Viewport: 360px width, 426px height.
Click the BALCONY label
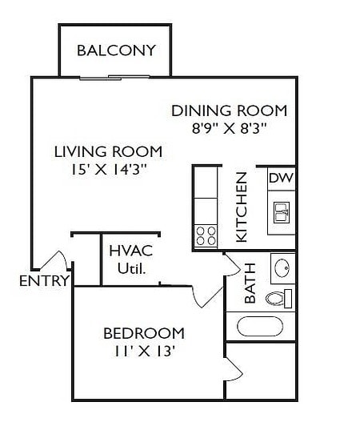116,50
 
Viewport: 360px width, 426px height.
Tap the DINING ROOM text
229,111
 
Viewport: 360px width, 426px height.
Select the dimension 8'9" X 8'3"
229,128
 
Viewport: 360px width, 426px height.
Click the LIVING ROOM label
108,151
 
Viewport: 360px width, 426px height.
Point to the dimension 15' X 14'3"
108,169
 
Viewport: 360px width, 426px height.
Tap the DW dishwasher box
279,178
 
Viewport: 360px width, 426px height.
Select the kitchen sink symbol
281,212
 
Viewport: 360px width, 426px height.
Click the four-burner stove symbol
206,235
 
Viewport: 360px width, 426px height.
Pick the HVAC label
130,251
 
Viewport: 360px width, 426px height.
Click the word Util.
130,268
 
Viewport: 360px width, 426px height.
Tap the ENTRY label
43,281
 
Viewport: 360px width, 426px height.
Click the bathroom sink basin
282,267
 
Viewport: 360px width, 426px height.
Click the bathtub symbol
259,327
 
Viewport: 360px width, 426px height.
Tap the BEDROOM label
144,333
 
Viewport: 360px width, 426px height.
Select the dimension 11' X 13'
144,351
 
